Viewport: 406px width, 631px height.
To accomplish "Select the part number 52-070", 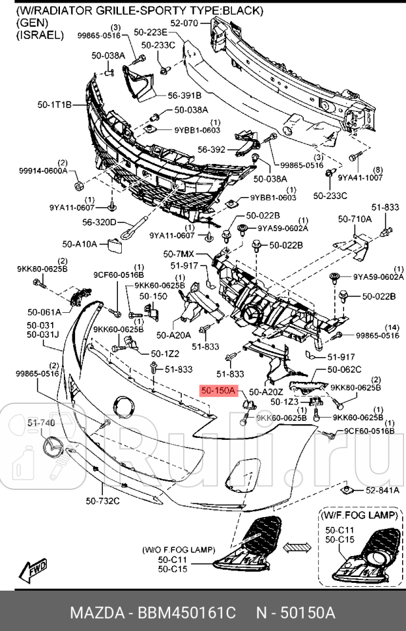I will (184, 23).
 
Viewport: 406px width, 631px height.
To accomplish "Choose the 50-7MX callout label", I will (179, 252).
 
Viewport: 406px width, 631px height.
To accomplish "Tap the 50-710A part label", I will (355, 219).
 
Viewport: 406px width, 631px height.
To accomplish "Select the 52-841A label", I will (382, 490).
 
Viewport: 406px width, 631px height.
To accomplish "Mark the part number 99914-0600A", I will (43, 170).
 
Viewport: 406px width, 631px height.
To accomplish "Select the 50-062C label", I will (344, 369).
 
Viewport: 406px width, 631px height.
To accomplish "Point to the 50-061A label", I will (44, 312).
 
